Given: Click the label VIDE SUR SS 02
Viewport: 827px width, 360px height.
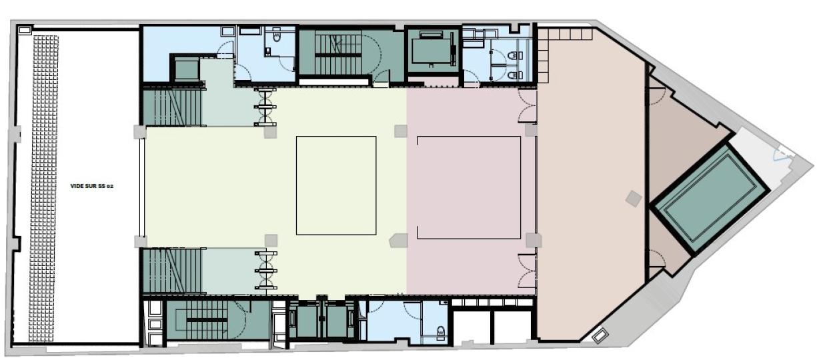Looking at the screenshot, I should pyautogui.click(x=91, y=186).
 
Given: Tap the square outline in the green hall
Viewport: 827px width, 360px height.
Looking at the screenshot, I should pyautogui.click(x=335, y=185).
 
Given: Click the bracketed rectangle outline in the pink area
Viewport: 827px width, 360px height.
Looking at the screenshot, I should pyautogui.click(x=468, y=187).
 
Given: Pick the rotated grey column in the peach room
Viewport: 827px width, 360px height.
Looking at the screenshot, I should pyautogui.click(x=633, y=198).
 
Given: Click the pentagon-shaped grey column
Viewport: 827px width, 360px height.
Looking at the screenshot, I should pyautogui.click(x=399, y=240).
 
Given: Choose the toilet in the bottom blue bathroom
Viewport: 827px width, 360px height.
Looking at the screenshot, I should pyautogui.click(x=440, y=333).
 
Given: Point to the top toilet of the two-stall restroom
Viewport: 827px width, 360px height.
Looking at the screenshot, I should pyautogui.click(x=512, y=55).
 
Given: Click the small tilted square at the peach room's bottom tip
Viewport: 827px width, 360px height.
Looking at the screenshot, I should pyautogui.click(x=600, y=336).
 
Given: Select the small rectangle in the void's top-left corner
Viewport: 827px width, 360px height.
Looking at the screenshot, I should pyautogui.click(x=25, y=30).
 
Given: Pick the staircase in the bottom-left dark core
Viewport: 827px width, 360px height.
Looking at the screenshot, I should pyautogui.click(x=207, y=321).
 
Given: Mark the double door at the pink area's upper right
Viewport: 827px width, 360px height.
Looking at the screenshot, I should pyautogui.click(x=527, y=106).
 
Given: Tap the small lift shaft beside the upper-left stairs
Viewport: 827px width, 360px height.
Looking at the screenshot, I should pyautogui.click(x=187, y=68).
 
